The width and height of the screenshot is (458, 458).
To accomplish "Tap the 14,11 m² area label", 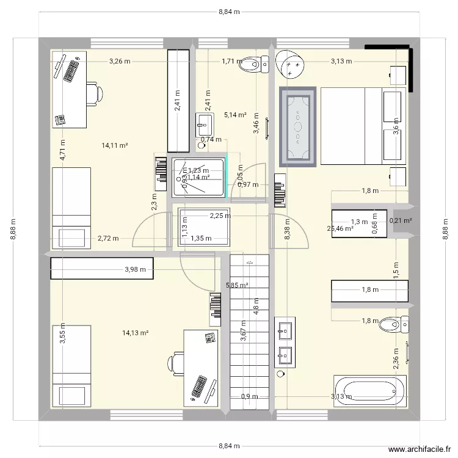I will click(115, 145).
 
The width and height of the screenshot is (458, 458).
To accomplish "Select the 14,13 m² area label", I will click(136, 333).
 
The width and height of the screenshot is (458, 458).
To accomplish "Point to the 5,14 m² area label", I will click(235, 115).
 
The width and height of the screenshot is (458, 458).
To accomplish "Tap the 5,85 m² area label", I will click(237, 285).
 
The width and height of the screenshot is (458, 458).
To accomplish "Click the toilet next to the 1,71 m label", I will click(255, 62).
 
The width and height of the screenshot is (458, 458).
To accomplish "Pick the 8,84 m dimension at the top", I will click(229, 12).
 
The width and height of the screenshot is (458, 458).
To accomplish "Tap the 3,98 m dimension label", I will click(135, 269).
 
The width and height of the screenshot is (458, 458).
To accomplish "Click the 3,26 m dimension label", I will click(120, 61).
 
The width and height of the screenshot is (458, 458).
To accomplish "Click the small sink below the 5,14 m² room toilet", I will click(205, 125).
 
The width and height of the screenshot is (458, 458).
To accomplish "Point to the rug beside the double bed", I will click(298, 126).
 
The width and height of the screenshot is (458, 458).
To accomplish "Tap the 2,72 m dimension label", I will click(107, 239).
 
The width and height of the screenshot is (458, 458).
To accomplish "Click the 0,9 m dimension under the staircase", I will click(249, 396).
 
